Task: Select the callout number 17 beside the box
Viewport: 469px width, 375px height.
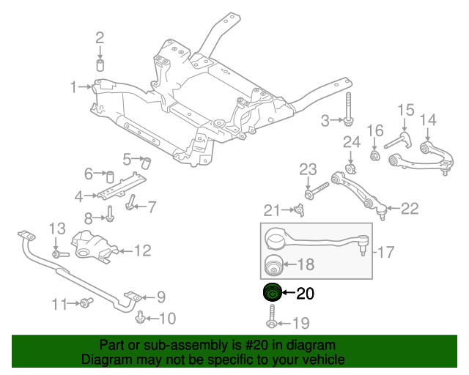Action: tap(387, 253)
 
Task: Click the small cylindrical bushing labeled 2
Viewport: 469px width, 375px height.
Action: tap(100, 64)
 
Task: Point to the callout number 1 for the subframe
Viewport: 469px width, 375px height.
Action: tap(74, 88)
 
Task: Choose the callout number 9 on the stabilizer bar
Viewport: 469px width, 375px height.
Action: tap(161, 297)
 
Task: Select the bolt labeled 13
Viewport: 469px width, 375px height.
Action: tap(59, 253)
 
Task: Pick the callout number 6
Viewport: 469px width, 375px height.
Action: tap(89, 174)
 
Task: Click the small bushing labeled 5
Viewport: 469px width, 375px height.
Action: tap(145, 161)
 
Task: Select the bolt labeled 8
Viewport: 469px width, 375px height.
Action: tap(110, 215)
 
